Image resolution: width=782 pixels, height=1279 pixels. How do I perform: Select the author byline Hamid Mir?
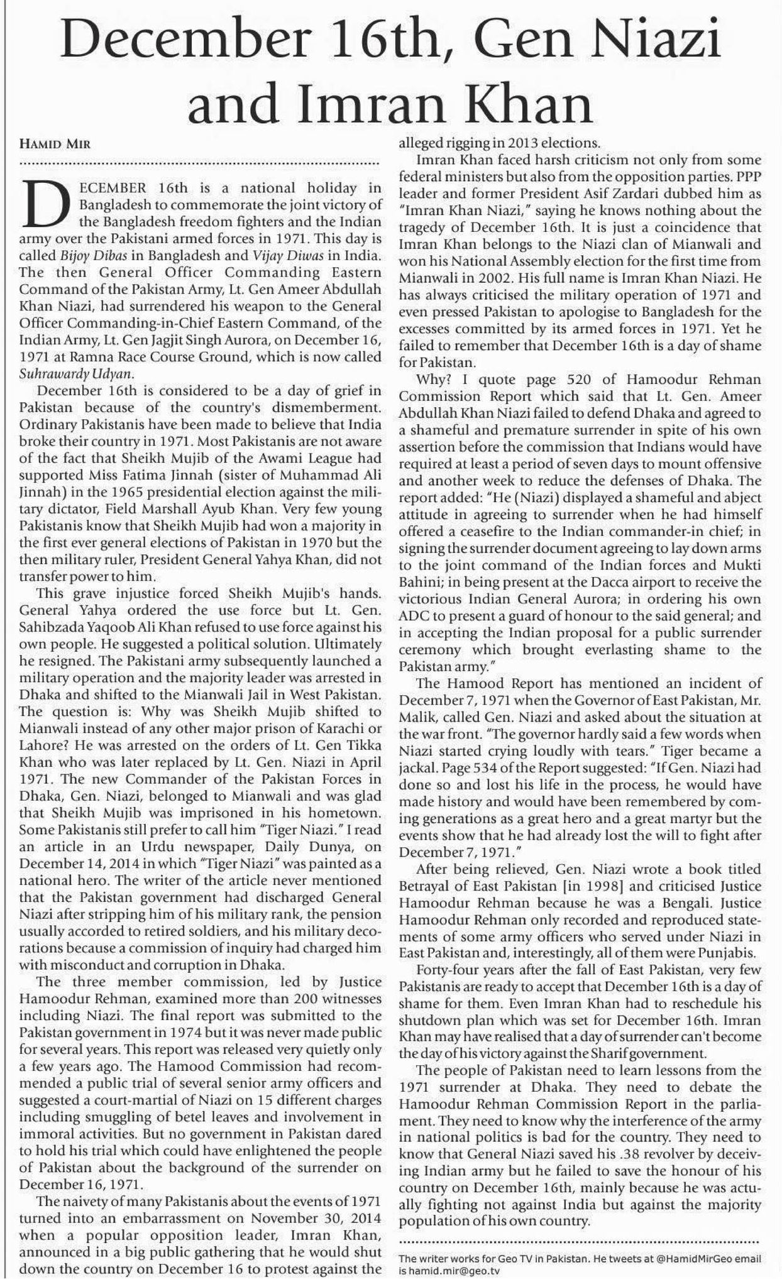coord(55,143)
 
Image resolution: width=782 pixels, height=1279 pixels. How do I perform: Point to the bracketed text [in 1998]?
coord(538,886)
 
